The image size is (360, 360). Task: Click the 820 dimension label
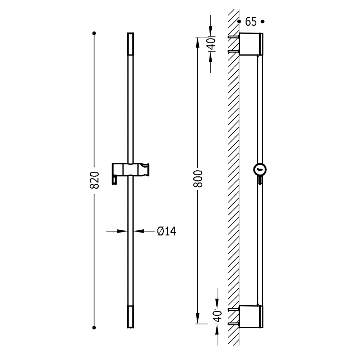coord(94,180)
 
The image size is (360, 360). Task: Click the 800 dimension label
coord(198,179)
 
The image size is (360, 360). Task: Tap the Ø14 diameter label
coord(166,231)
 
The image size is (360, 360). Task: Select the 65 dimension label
coord(251,22)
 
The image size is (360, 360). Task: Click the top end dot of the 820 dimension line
coord(94,33)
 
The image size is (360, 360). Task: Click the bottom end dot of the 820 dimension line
coord(94,328)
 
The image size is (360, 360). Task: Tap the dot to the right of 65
coord(263,22)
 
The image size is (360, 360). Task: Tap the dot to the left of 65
coord(239,22)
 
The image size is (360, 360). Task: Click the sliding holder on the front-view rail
coord(130,170)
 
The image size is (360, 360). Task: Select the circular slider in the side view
coord(260,170)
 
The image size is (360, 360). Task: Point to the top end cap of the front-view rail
coord(130,44)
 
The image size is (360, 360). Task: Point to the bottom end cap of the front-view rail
coord(130,316)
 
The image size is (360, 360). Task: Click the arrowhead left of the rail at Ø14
coord(122,231)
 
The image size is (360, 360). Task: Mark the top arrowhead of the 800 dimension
coord(197,42)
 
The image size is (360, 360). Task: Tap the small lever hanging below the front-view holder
coord(114,180)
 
